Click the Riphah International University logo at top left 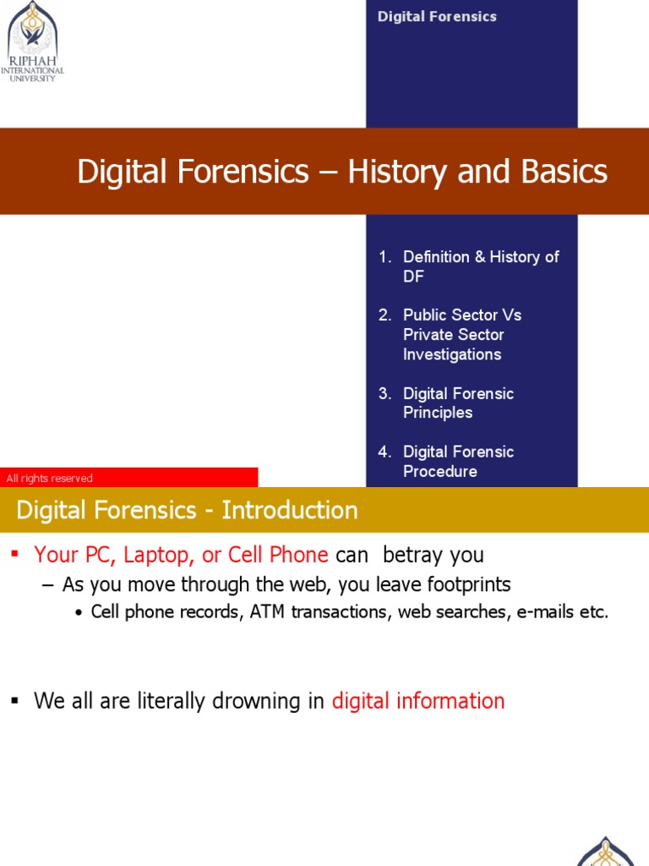pyautogui.click(x=33, y=41)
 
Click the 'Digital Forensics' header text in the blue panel pyautogui.click(x=437, y=17)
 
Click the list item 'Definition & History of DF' pyautogui.click(x=480, y=266)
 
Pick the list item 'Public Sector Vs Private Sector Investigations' pyautogui.click(x=462, y=334)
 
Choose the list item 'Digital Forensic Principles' pyautogui.click(x=458, y=403)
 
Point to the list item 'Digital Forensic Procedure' pyautogui.click(x=458, y=461)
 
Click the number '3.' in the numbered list pyautogui.click(x=385, y=393)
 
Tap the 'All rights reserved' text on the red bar pyautogui.click(x=50, y=479)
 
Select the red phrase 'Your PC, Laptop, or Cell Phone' pyautogui.click(x=181, y=555)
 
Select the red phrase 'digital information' pyautogui.click(x=418, y=701)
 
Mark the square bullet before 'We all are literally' pyautogui.click(x=14, y=701)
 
